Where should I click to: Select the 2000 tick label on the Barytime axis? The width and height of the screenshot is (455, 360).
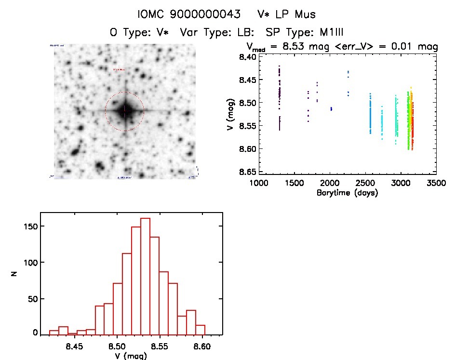pos(330,184)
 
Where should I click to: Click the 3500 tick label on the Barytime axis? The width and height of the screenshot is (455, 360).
pos(436,184)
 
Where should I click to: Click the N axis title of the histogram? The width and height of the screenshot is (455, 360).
pos(15,273)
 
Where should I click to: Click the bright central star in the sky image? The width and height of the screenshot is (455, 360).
pos(125,111)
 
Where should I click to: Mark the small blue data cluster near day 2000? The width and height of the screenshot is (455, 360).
pos(331,109)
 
